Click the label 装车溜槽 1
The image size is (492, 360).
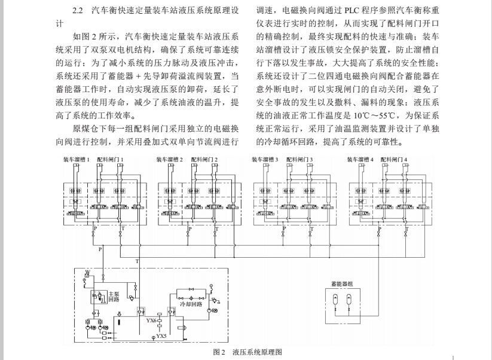click(x=76, y=160)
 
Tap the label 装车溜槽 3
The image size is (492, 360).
click(x=265, y=160)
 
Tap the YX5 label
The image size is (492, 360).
click(x=162, y=337)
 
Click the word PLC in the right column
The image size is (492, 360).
click(x=353, y=11)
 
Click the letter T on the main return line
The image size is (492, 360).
click(x=137, y=262)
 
